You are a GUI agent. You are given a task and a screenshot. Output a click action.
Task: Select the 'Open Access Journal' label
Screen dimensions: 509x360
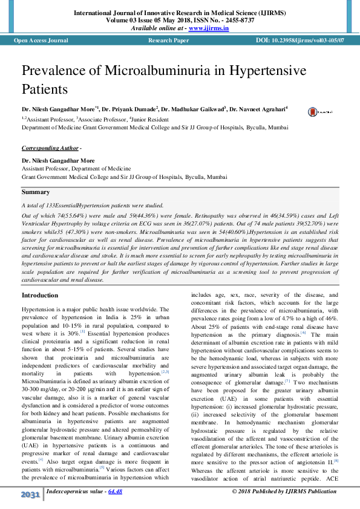tap(41, 41)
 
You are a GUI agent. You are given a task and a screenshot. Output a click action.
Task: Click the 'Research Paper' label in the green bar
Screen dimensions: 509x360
tap(168, 41)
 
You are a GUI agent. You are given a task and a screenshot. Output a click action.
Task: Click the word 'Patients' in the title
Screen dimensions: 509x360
tap(45, 89)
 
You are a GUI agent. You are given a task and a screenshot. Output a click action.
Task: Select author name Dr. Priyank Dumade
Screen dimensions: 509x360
tap(130, 109)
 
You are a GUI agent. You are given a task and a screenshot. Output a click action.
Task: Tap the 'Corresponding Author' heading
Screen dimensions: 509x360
tap(50, 148)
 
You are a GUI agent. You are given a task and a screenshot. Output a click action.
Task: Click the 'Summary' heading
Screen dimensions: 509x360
tap(36, 192)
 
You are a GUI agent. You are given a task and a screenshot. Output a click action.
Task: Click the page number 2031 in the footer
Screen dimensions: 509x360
tap(30, 495)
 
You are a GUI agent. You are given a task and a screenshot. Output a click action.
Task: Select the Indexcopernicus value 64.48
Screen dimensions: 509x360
tap(115, 491)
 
